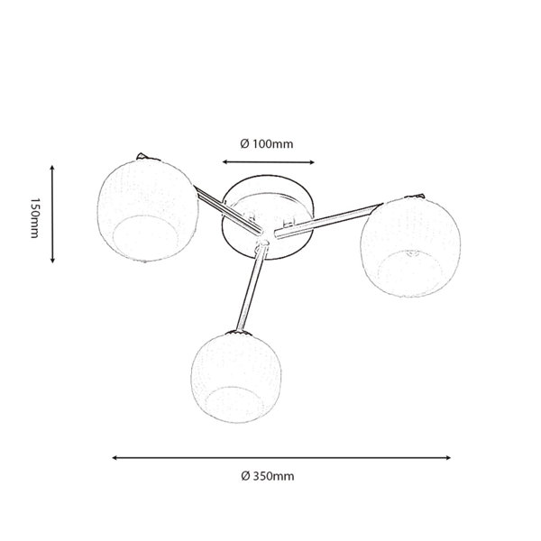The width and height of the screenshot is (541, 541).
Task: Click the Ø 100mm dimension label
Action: point(267,143)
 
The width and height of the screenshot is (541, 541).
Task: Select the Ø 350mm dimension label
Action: point(268,476)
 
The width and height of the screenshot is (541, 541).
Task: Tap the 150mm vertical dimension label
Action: point(35,218)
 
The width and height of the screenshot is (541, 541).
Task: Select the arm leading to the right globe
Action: point(328,221)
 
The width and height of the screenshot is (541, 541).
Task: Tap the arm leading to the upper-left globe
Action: point(228,209)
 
